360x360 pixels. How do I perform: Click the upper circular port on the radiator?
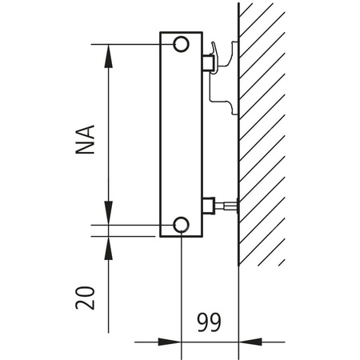pyautogui.click(x=182, y=43)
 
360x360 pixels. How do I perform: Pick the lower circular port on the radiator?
pyautogui.click(x=182, y=224)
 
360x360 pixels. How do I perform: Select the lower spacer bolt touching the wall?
pyautogui.click(x=230, y=206)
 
